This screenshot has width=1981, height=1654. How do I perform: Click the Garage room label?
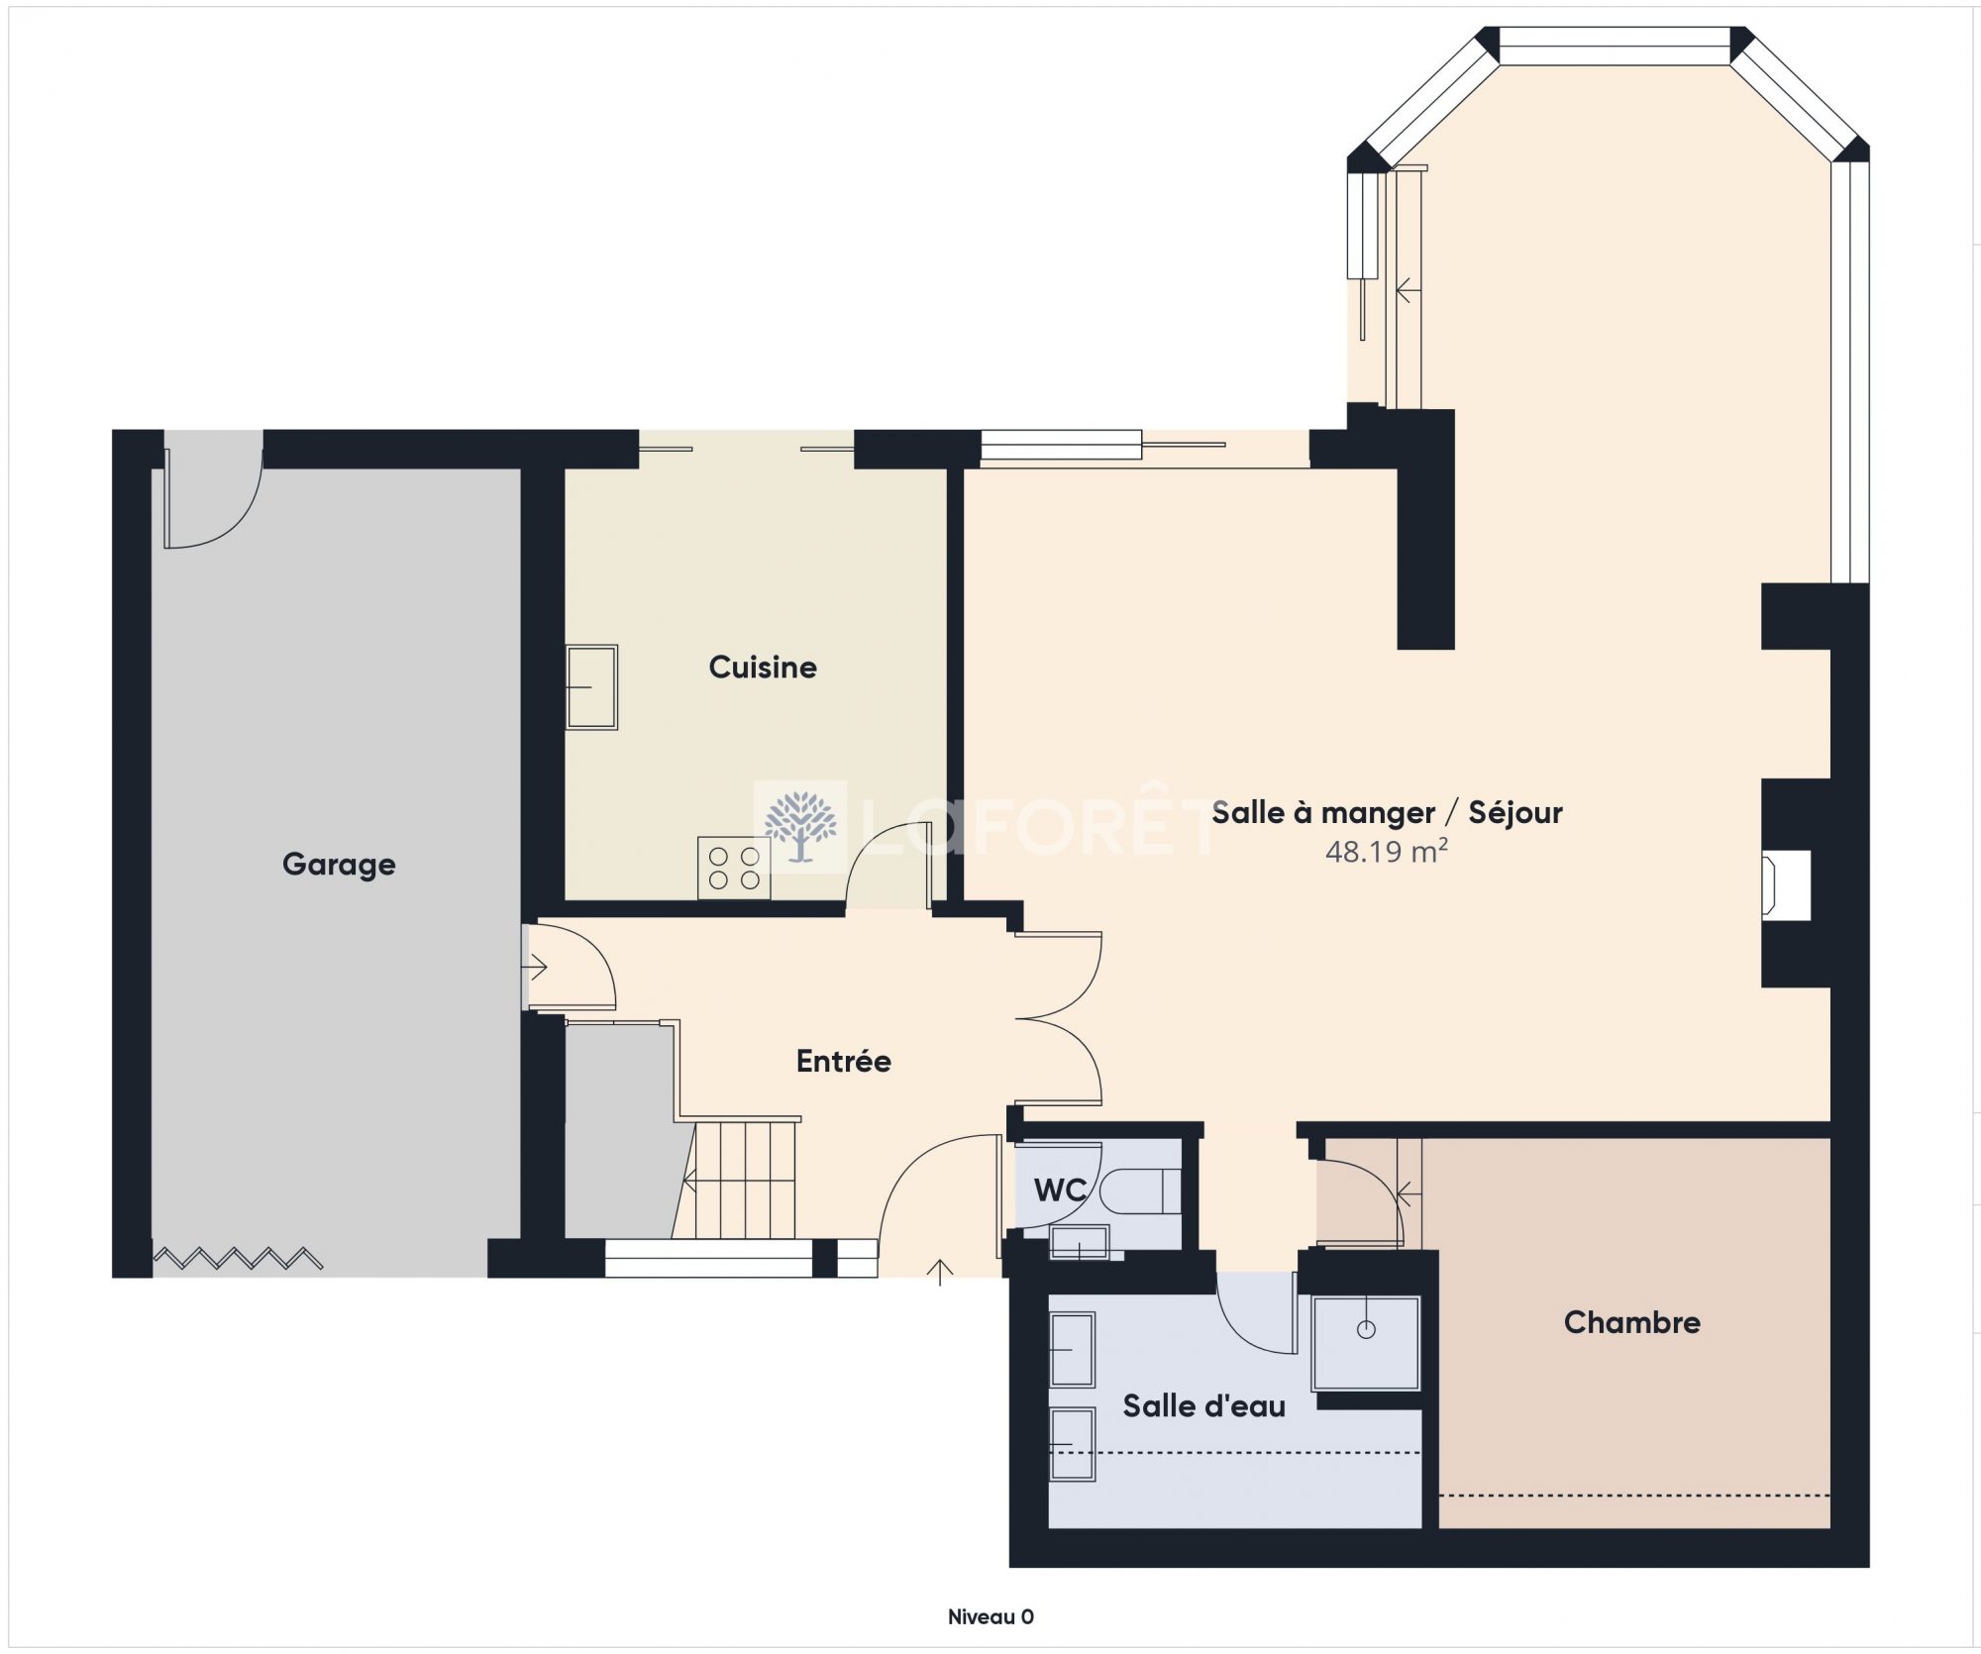click(339, 865)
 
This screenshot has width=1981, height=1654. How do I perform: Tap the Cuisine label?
click(763, 667)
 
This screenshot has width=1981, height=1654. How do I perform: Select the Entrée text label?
click(844, 1061)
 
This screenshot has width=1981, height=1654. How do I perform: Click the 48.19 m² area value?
click(1387, 851)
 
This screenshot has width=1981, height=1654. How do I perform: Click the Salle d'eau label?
click(1203, 1405)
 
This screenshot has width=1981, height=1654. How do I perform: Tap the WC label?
click(1060, 1189)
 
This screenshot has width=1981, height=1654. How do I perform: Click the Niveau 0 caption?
click(990, 1617)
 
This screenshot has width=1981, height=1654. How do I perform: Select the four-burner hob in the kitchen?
click(734, 868)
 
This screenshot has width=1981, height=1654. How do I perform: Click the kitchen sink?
click(591, 687)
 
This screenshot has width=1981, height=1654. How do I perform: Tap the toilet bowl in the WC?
click(1140, 1191)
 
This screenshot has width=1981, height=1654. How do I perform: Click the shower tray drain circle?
click(1366, 1329)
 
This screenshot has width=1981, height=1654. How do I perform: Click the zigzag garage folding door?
click(238, 1259)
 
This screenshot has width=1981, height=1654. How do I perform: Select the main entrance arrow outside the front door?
click(939, 1272)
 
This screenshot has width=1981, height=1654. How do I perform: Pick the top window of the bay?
click(1615, 47)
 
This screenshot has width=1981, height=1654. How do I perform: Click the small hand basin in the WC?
click(1079, 1242)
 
